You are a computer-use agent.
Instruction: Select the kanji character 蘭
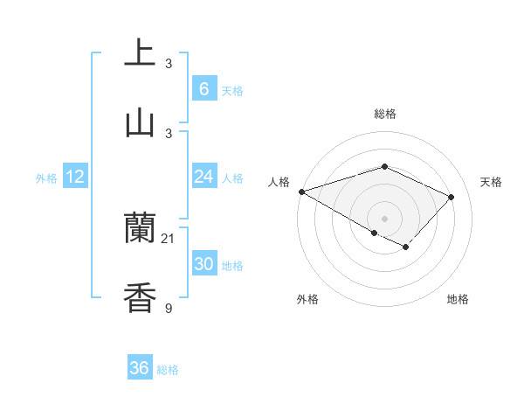coord(140,228)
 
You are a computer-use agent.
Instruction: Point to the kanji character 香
coord(140,297)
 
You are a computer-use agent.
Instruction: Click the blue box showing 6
coord(203,88)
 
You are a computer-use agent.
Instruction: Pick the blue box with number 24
coord(203,177)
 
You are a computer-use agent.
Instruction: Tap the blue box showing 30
coord(203,264)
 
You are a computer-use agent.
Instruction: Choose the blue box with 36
coord(140,368)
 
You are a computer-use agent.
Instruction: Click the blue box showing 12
coord(75,177)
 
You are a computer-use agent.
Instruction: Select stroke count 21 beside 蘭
coord(169,238)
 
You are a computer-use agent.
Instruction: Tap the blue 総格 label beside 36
coord(168,370)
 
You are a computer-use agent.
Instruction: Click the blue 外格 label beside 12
coord(46,178)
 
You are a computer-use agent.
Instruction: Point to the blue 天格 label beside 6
coord(232,90)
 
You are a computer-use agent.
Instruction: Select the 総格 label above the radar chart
coord(385,114)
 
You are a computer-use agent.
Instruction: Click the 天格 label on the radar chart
coord(491,182)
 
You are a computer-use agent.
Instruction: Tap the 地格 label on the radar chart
coord(458,299)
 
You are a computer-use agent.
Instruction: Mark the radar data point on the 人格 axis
coord(301,192)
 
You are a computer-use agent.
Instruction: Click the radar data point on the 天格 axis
coord(451,197)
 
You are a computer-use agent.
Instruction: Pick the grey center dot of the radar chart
coord(384,218)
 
